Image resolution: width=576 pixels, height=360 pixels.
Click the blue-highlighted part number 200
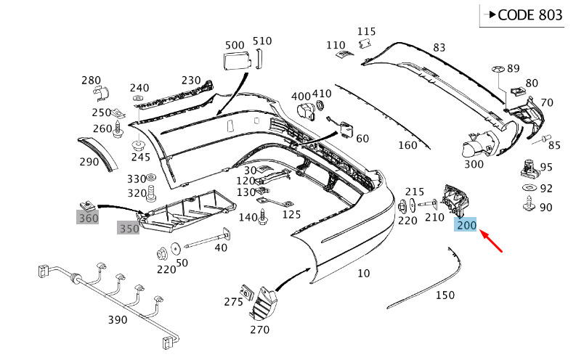click(465, 224)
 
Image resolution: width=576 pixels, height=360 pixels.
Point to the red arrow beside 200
click(491, 242)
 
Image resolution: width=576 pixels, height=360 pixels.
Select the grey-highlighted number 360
click(88, 218)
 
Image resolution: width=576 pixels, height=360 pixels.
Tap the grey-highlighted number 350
click(129, 228)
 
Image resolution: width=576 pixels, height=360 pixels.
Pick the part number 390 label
click(118, 319)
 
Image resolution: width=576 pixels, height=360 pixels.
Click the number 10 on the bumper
click(364, 273)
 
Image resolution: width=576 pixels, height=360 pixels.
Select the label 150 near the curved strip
click(445, 295)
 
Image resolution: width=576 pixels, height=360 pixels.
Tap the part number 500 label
click(235, 45)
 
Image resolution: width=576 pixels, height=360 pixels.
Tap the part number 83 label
click(439, 47)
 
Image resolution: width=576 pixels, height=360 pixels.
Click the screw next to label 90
click(529, 203)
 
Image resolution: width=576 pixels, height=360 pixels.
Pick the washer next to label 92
click(530, 187)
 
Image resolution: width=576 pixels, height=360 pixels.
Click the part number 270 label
click(260, 330)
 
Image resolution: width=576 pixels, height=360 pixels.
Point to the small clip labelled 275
click(247, 292)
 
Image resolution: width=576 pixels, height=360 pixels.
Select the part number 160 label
click(407, 145)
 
